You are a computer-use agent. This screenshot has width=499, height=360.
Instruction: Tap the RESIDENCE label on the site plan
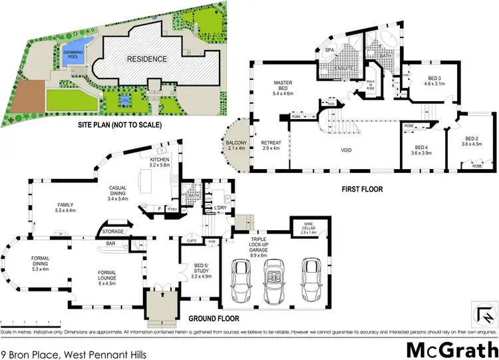(148, 59)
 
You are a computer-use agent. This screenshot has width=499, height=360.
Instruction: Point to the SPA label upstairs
(329, 50)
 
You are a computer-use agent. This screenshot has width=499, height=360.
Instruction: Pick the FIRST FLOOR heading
(363, 188)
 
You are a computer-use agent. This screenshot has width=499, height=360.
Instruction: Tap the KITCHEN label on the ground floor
(160, 162)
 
